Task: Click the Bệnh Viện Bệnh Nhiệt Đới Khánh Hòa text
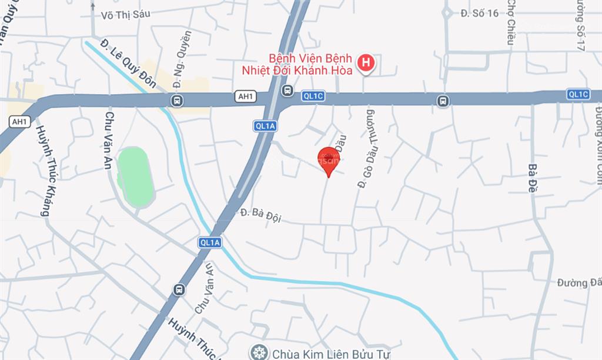tap(302, 65)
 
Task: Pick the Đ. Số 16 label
tap(479, 13)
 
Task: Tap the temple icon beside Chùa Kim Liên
tap(258, 353)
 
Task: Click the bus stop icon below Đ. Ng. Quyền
tap(176, 101)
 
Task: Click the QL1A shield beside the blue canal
tap(210, 242)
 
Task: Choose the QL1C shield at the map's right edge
tap(578, 94)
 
